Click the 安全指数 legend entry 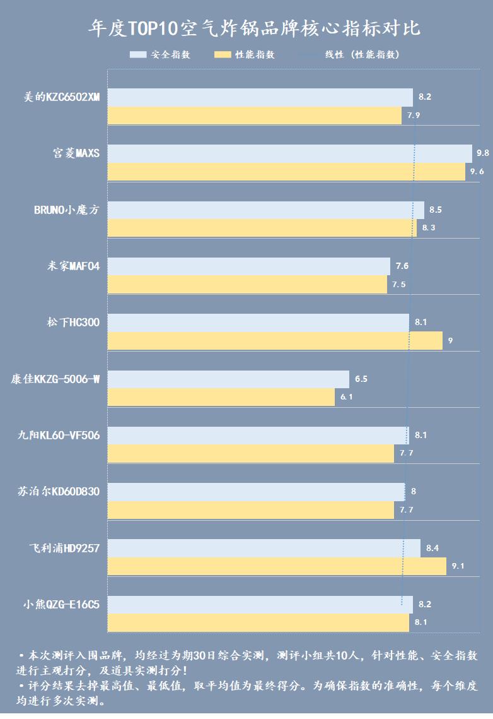coord(160,55)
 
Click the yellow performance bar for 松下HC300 coord(275,341)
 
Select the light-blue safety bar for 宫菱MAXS coord(289,153)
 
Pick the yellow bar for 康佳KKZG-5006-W coord(221,397)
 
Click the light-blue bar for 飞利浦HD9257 coord(264,548)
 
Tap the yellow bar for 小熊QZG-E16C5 coord(258,622)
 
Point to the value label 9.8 coord(483,153)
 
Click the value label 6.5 coord(361,379)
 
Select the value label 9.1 coord(458,566)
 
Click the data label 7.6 coord(402,266)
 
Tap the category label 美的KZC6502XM coord(62,97)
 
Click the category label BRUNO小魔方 coord(67,210)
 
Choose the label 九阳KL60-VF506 coord(59,436)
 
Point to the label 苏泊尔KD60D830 coord(59,492)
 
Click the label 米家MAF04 coord(73,266)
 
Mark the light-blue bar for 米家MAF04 coord(248,266)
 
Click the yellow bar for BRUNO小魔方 coord(262,228)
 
